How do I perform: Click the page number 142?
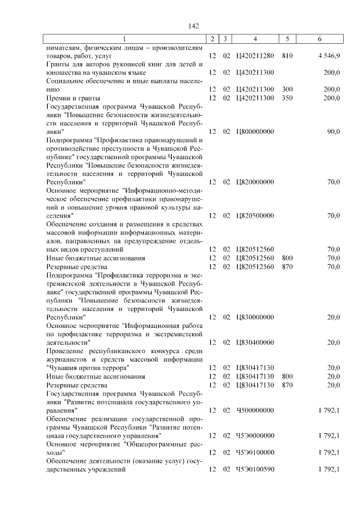point(194,26)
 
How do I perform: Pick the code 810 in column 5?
point(287,56)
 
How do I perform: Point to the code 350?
point(287,98)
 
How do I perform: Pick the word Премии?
point(58,98)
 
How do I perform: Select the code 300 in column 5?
point(287,89)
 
